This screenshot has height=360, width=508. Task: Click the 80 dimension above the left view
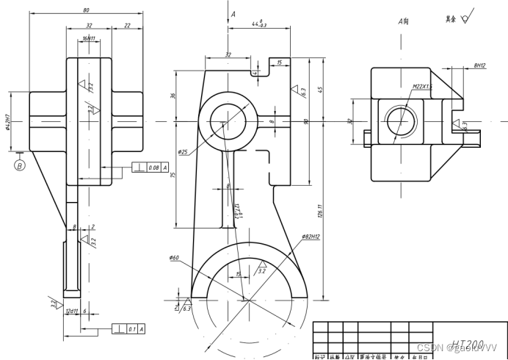87,10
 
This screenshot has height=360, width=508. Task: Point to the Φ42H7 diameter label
8,120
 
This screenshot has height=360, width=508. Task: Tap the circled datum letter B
20,165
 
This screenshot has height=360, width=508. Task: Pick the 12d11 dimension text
72,312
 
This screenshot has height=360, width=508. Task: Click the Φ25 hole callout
183,152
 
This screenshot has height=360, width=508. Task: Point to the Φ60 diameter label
174,258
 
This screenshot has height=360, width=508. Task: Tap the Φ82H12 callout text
312,237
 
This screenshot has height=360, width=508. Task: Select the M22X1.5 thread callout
422,86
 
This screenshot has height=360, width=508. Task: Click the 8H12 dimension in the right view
479,65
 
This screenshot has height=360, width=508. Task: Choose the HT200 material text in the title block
468,344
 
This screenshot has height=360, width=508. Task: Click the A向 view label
403,22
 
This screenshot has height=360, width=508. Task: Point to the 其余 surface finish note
450,18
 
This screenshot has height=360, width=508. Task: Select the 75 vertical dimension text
174,175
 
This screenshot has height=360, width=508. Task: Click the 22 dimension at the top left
127,26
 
